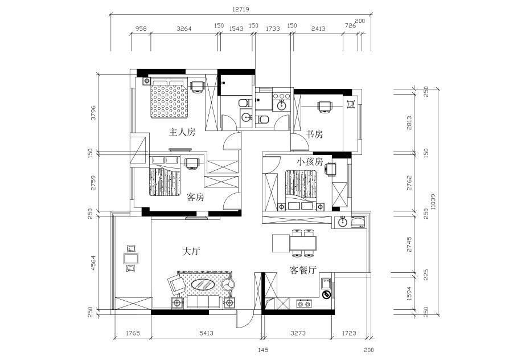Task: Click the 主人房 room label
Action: coord(182,132)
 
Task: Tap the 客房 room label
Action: coord(195,197)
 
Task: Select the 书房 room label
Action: coord(314,134)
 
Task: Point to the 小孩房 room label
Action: coord(309,161)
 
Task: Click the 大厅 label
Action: coord(191,251)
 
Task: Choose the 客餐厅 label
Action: coord(303,270)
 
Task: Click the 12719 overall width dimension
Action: coord(240,10)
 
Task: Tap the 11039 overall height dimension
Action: coord(432,202)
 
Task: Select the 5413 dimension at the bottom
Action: coord(206,333)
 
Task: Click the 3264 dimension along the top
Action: coord(184,28)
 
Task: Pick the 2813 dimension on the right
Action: coord(409,123)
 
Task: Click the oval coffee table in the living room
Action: coord(203,285)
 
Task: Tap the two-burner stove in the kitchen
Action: coord(304,304)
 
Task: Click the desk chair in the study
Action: coord(325,107)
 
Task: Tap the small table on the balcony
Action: coord(131,259)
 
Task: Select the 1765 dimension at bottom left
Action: coord(133,333)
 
